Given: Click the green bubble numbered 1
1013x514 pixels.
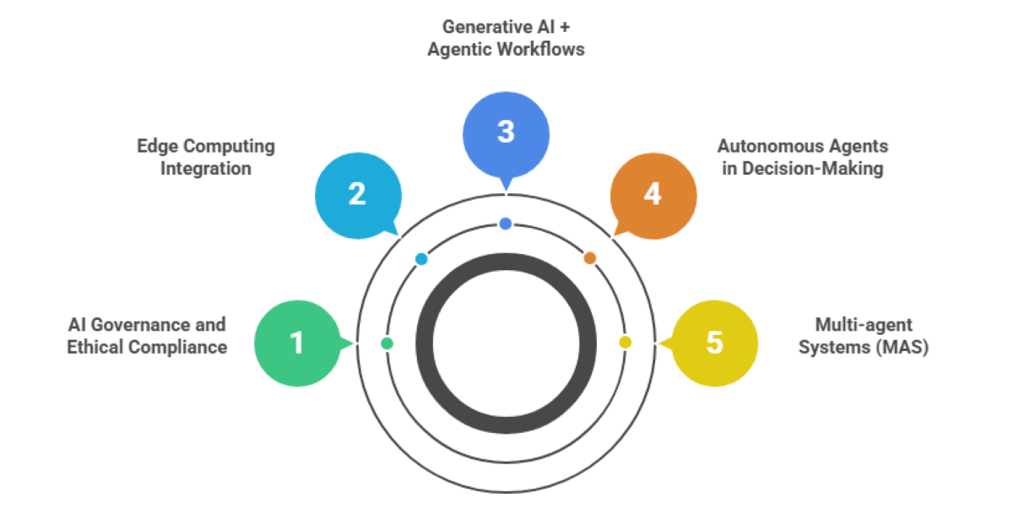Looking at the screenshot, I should click(296, 344).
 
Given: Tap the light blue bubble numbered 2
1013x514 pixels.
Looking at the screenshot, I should click(357, 195).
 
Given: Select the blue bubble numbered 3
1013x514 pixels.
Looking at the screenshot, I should click(506, 133).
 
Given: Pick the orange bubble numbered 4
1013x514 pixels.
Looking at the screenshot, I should click(653, 195).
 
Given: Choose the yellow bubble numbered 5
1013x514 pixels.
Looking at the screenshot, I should click(714, 344).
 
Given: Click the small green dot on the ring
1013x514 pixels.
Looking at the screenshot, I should click(387, 344).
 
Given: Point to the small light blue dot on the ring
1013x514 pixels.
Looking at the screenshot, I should click(421, 259).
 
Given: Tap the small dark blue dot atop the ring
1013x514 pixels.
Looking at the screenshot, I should click(506, 224).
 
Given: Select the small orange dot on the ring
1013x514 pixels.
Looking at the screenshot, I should click(590, 258).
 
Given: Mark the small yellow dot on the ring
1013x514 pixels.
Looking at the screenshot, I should click(625, 343).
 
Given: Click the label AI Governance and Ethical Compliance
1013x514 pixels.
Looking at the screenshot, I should click(147, 336).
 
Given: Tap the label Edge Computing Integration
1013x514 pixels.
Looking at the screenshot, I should click(206, 157).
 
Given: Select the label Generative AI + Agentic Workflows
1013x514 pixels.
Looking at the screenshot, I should click(506, 38).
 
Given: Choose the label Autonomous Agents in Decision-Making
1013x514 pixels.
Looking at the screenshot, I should click(802, 157).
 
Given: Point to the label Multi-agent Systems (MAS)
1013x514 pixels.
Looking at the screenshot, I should click(864, 336).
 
